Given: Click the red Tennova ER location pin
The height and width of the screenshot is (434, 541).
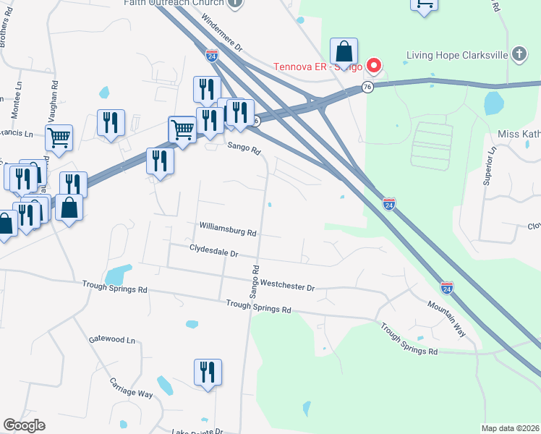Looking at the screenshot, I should tap(374, 67).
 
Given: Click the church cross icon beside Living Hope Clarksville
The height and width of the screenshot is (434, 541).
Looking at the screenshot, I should tap(519, 54).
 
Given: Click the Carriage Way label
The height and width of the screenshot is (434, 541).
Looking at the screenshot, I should tap(132, 387).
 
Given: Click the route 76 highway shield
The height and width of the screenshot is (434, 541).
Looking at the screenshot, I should tap(367, 88).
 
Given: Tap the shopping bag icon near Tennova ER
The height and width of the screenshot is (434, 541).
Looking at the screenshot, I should tap(344, 51).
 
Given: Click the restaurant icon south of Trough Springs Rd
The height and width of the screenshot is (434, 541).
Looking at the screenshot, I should tap(208, 373).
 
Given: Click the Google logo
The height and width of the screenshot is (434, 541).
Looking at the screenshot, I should tap(24, 425).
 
